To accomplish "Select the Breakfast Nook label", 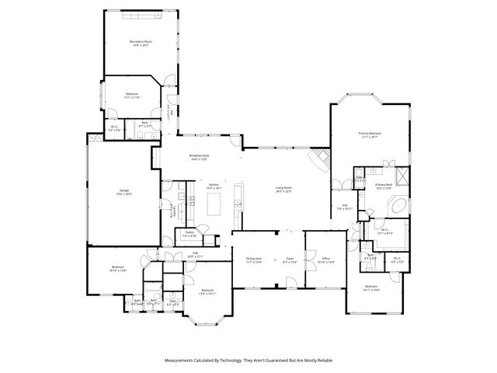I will [200, 157].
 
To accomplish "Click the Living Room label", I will [283, 189].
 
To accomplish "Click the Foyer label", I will [290, 260].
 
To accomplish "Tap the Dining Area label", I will [254, 260].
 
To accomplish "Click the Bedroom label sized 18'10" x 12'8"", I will [116, 269].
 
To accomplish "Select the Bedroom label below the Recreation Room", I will [132, 96].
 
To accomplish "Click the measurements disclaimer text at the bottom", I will [248, 361].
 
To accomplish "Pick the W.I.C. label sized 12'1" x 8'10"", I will [385, 232].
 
